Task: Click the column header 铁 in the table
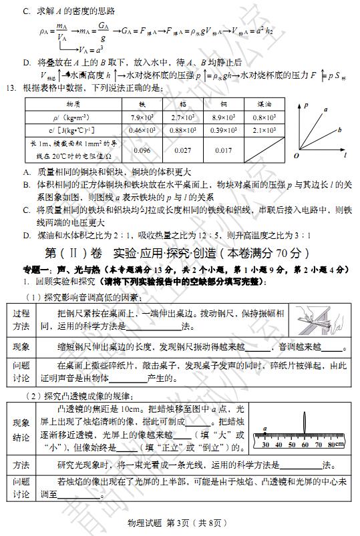click(142, 105)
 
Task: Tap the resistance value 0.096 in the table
click(142, 150)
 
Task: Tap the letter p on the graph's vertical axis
click(305, 105)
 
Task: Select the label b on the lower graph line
click(339, 130)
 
